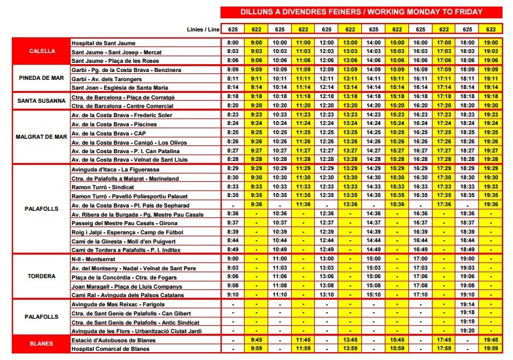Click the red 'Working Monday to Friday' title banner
coord(362,12)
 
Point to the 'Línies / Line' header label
coord(203,29)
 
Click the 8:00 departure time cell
coord(233,43)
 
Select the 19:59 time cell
coord(491,348)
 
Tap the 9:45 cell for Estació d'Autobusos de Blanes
coord(256,340)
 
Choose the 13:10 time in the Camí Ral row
coord(327,295)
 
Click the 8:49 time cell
coord(233,249)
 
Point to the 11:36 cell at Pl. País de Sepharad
coord(303,204)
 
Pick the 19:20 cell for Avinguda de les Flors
coord(467,331)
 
